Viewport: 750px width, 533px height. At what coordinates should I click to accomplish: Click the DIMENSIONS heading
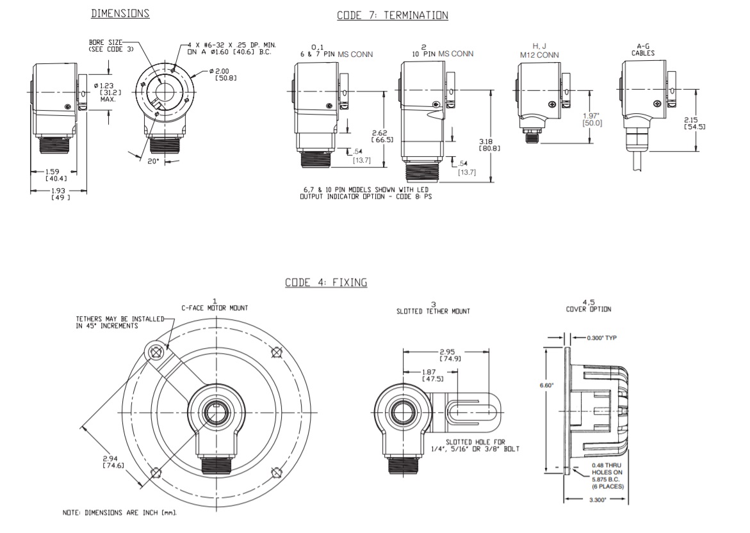click(x=120, y=13)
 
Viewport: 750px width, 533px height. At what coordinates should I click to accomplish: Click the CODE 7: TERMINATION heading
click(x=393, y=15)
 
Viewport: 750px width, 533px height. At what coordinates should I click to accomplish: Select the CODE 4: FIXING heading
click(x=326, y=282)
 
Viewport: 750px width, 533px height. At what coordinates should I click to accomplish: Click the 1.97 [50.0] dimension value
click(x=592, y=119)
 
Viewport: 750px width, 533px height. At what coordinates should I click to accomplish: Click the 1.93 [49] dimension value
click(x=61, y=194)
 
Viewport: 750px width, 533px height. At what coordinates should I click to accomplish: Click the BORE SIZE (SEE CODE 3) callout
click(x=106, y=45)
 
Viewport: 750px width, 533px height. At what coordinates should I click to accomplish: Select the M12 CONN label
click(x=539, y=55)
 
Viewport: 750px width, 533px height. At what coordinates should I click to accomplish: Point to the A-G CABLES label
click(x=643, y=49)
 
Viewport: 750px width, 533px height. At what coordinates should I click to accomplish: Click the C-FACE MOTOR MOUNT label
click(x=215, y=308)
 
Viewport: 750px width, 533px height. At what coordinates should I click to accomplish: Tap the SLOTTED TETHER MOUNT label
click(x=433, y=311)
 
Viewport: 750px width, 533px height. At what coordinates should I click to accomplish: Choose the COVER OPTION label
click(x=588, y=309)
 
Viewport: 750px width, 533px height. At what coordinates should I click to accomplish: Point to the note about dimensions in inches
click(x=119, y=513)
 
